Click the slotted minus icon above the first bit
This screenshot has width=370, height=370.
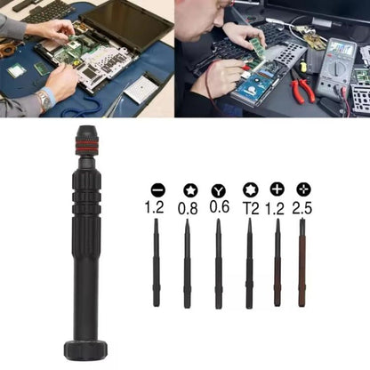(x=157, y=189)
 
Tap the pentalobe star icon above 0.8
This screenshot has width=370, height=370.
(x=188, y=190)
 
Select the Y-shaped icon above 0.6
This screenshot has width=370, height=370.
(x=219, y=190)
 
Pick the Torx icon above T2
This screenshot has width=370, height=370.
(x=249, y=189)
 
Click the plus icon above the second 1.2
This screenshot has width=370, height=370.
(x=277, y=189)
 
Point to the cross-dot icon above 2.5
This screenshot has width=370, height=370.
(x=304, y=189)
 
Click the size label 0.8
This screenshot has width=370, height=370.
(x=188, y=208)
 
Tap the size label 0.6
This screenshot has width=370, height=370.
(x=219, y=208)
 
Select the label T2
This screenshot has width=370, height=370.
(x=249, y=208)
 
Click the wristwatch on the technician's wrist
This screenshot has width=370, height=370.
(x=44, y=101)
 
